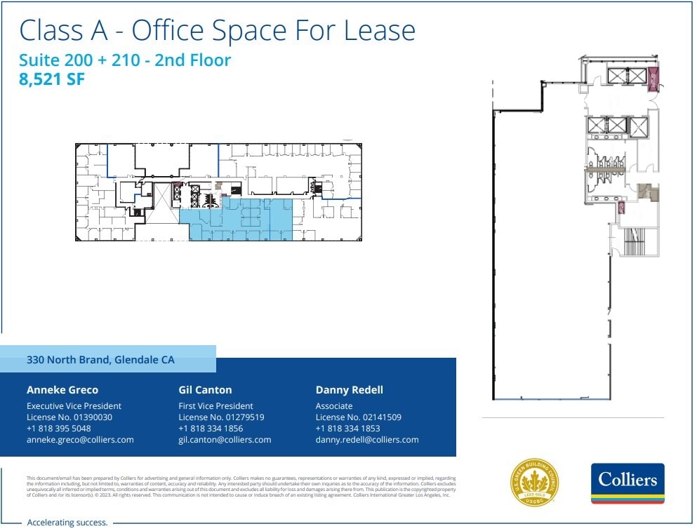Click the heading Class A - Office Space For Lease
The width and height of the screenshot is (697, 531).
point(218,31)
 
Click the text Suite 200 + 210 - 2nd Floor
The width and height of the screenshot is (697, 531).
point(125,60)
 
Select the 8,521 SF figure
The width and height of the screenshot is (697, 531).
point(52,79)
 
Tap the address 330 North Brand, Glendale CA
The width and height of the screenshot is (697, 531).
point(100,360)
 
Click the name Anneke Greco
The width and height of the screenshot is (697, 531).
point(62,390)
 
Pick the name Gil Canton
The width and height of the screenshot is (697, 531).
point(205,390)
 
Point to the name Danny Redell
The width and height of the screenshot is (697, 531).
point(350,390)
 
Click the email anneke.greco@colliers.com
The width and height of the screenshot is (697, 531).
point(80,440)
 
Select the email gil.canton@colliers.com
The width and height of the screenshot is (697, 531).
point(225,440)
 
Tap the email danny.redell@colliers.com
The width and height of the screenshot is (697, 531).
point(367,440)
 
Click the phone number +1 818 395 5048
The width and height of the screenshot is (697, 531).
point(59,429)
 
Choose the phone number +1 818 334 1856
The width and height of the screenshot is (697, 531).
point(211,429)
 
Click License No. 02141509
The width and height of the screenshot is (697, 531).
point(359,417)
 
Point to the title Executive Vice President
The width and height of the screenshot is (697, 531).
point(74,406)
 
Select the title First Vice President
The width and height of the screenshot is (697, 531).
point(215,406)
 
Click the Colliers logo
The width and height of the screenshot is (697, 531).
point(628,483)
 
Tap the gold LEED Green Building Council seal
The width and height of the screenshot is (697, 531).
point(534,483)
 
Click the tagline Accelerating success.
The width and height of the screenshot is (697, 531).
point(67,523)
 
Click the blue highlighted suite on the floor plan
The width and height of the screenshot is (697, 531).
point(253,219)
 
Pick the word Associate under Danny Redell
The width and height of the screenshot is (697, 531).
point(334,406)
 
